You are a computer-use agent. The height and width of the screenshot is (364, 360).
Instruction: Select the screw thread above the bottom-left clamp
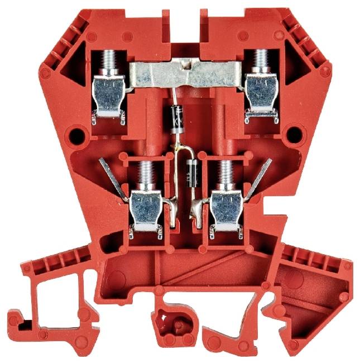(147, 173)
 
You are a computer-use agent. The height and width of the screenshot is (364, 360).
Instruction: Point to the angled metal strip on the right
(261, 177)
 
